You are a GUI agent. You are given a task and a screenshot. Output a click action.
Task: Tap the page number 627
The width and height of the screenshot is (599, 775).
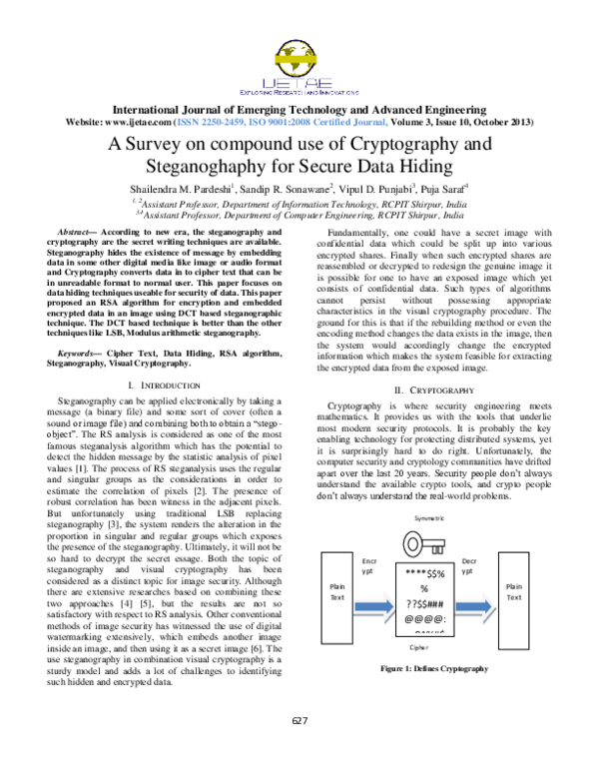(x=299, y=721)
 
